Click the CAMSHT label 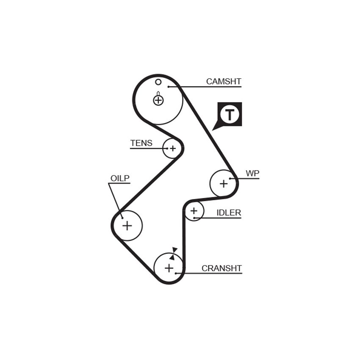224,81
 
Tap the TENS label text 141,143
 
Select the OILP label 120,178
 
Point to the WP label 252,173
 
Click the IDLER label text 229,213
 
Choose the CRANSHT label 222,268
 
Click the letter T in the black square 230,114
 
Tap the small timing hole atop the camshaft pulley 158,82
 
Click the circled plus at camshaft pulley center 158,100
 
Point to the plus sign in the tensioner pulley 173,148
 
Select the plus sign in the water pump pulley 224,184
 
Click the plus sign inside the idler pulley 194,210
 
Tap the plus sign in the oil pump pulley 127,225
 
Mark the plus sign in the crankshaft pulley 169,268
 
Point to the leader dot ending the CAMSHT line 168,86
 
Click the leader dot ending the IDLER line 194,218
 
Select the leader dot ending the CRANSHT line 176,273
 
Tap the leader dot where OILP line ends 122,218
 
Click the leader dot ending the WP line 230,178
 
